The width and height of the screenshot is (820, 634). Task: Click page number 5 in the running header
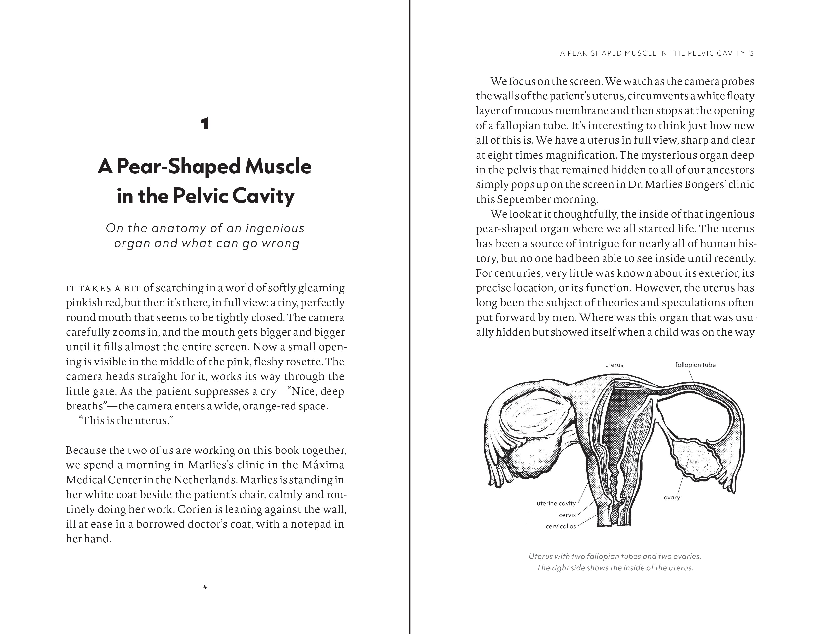click(x=752, y=53)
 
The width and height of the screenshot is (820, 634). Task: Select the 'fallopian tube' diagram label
click(x=695, y=365)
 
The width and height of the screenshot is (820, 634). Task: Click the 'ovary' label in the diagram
click(x=672, y=497)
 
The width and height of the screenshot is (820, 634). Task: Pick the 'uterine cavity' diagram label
click(x=556, y=503)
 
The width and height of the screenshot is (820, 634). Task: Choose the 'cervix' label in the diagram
click(x=567, y=515)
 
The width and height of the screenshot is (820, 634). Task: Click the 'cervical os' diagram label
click(x=561, y=526)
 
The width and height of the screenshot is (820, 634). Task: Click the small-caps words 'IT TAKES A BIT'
click(x=103, y=288)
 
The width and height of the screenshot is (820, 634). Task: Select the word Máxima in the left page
click(x=323, y=465)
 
